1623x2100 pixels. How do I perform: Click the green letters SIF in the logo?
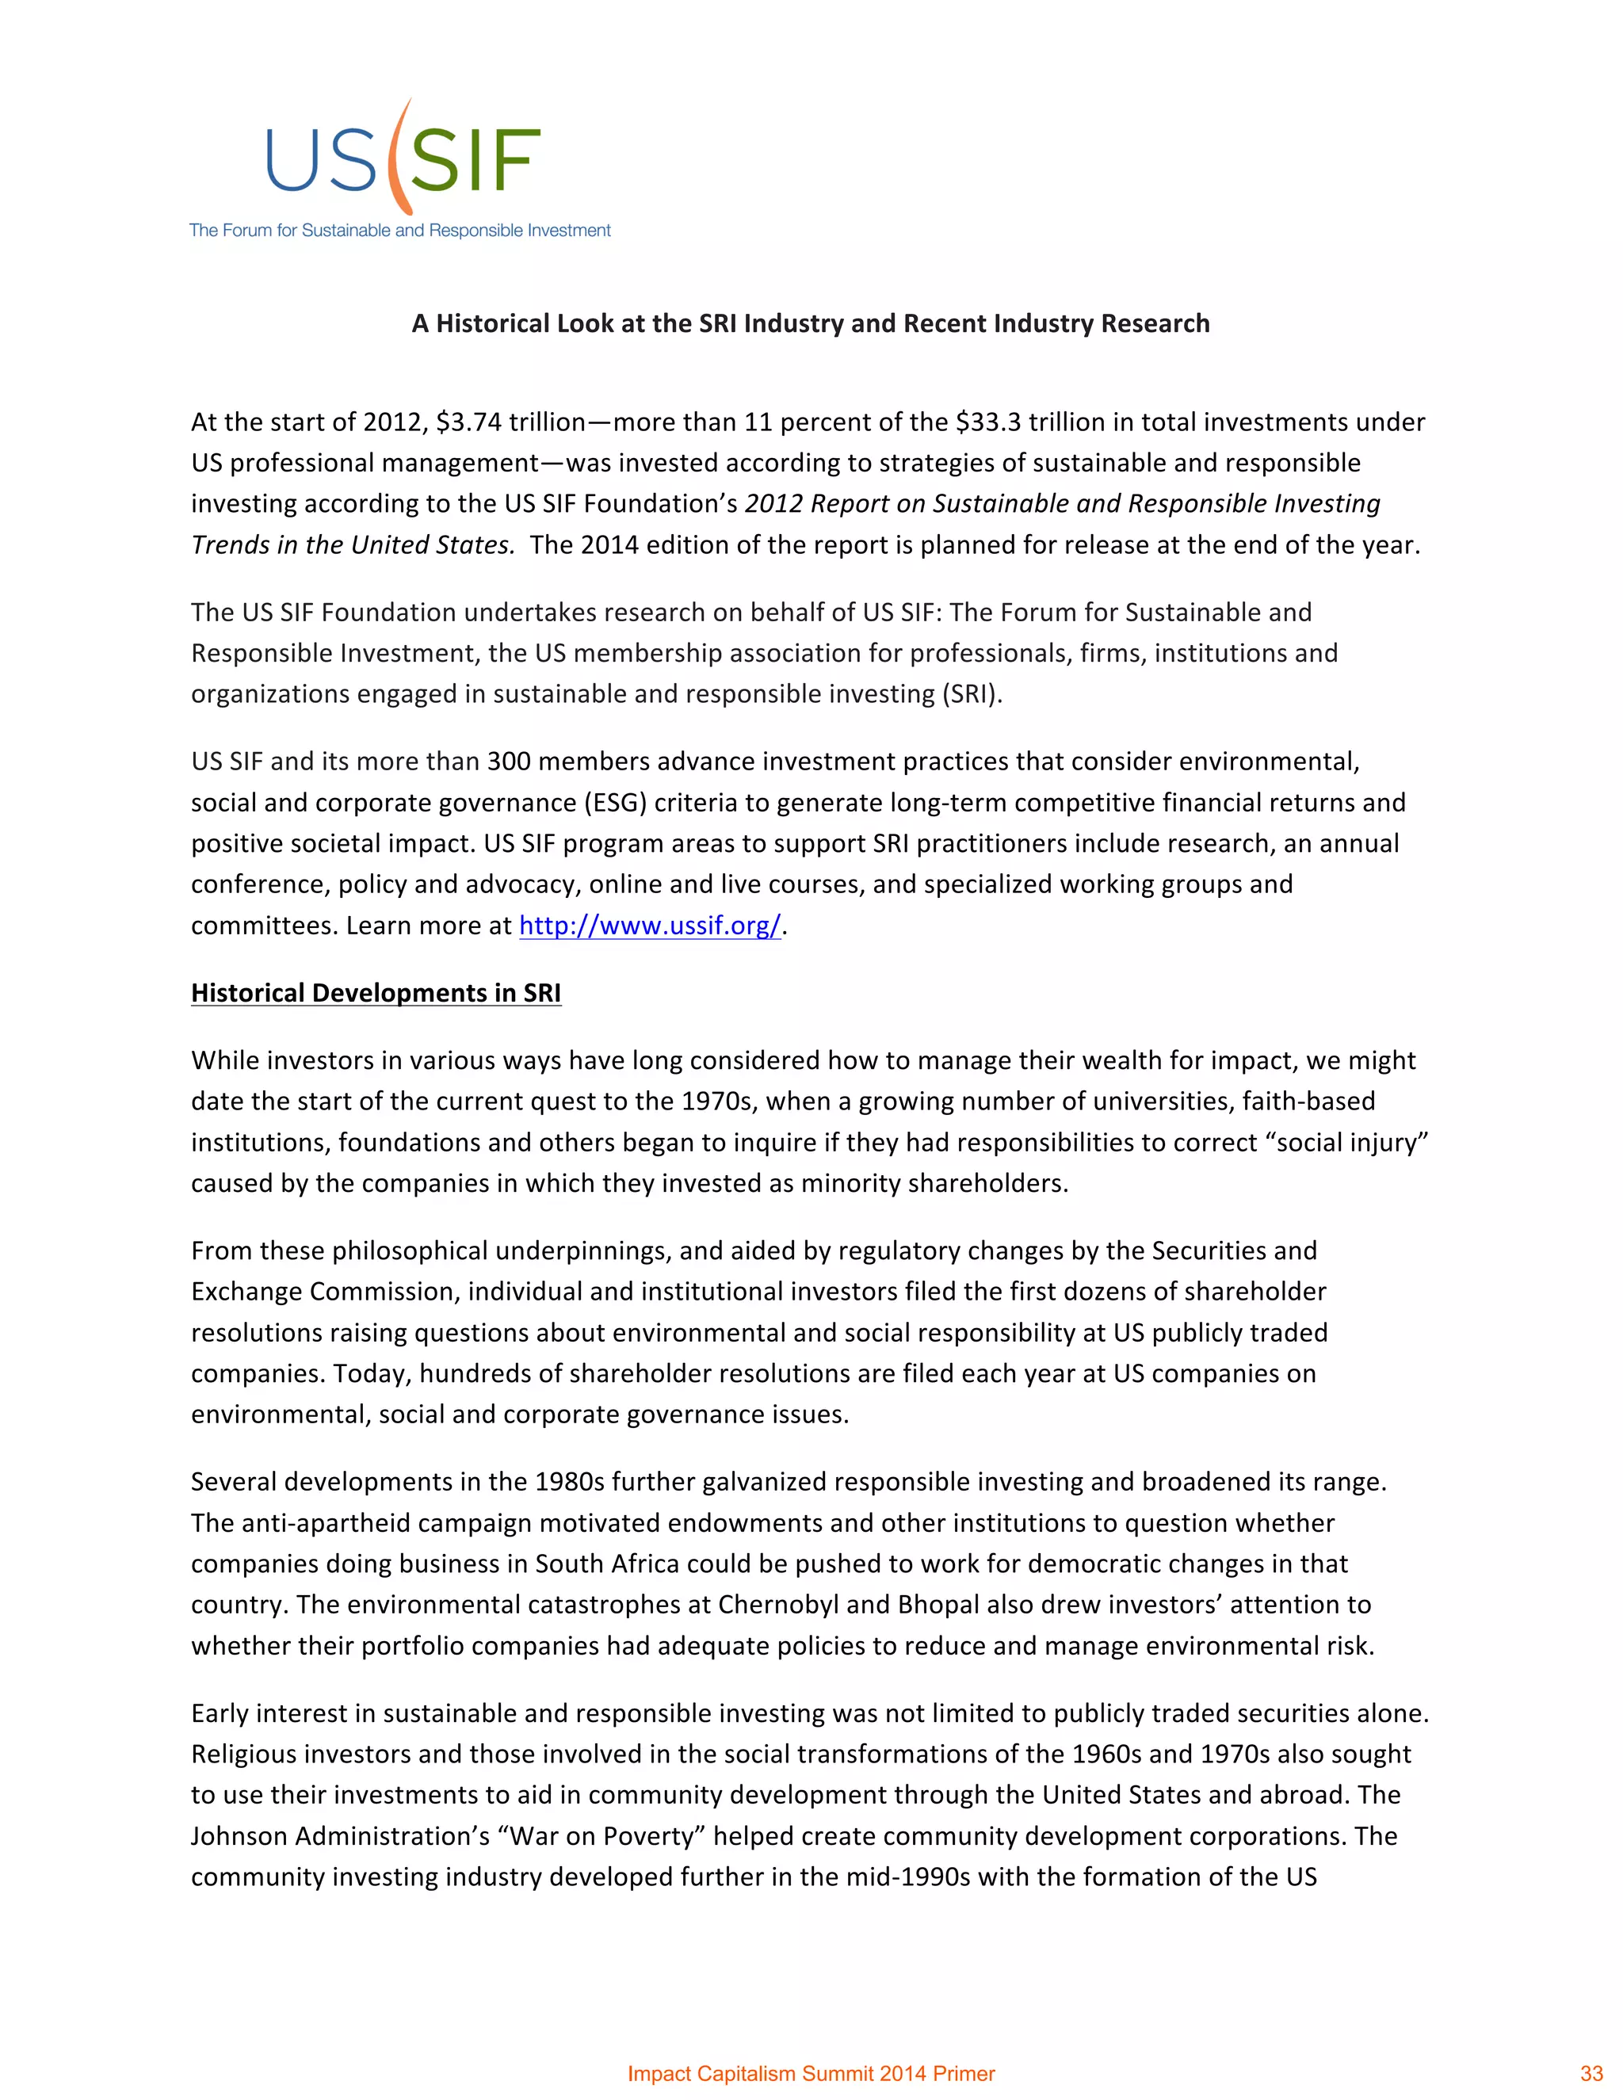[x=475, y=162]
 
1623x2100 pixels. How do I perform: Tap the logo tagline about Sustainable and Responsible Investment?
[x=400, y=231]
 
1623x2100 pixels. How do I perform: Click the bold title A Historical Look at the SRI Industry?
[x=811, y=323]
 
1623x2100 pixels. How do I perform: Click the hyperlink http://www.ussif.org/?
[x=650, y=925]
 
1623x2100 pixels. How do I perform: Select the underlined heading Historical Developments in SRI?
[x=376, y=992]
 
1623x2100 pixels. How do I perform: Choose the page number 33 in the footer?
[x=1591, y=2074]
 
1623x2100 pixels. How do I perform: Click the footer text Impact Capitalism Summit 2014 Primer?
[x=811, y=2074]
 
